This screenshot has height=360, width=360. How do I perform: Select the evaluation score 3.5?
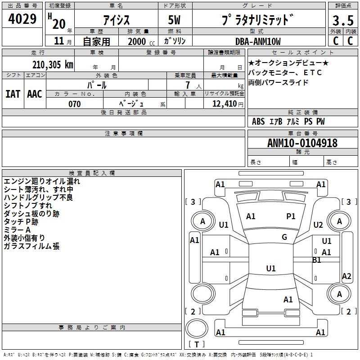[x=343, y=21]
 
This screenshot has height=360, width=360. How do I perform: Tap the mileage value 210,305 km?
[x=53, y=64]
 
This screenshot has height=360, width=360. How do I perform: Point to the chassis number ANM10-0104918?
[x=302, y=143]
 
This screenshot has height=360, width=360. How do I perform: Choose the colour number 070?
[x=74, y=104]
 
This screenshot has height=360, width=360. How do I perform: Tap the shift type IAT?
[x=13, y=94]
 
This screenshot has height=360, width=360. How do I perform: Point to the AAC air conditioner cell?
[x=35, y=94]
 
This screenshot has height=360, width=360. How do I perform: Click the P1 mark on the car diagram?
[x=291, y=216]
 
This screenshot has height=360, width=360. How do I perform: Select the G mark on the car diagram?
[x=284, y=237]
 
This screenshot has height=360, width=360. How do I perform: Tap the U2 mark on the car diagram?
[x=318, y=225]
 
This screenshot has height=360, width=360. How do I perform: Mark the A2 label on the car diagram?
[x=346, y=276]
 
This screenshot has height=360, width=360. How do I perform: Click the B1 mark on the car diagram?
[x=316, y=260]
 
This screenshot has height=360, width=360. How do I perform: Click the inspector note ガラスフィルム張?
[x=31, y=246]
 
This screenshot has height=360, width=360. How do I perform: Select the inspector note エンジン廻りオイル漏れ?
[x=42, y=181]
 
